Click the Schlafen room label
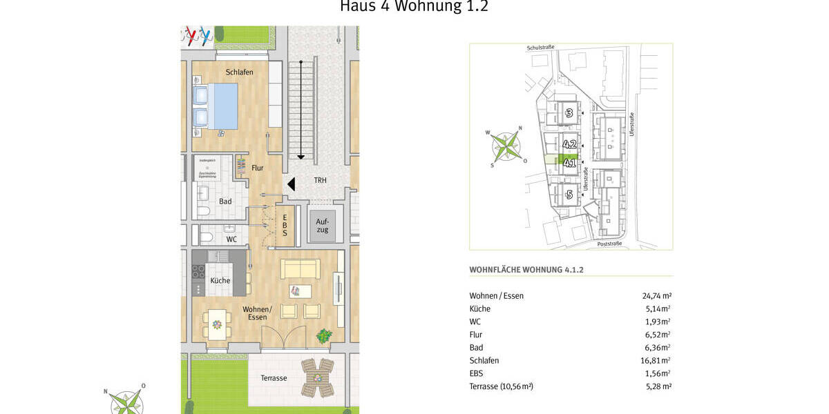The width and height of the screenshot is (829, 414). [x=239, y=72]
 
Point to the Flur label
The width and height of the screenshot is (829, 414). [x=257, y=168]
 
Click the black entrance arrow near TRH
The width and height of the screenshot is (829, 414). [x=292, y=184]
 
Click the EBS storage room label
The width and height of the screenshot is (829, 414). [x=285, y=224]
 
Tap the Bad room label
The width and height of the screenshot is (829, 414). [x=225, y=201]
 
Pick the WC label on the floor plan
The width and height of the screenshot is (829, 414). [x=231, y=239]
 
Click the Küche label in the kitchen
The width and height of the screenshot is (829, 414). [x=220, y=281]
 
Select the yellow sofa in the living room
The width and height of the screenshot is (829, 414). [x=300, y=269]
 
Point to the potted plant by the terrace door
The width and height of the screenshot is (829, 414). [x=323, y=336]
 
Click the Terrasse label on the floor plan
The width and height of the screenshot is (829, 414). [x=274, y=378]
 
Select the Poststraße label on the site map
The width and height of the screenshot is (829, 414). [x=608, y=244]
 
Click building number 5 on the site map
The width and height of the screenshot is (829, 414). [x=569, y=195]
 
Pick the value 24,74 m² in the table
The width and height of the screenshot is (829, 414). [x=657, y=296]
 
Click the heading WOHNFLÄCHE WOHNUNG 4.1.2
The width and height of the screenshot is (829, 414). [x=526, y=270]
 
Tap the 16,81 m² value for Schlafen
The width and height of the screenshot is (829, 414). [x=657, y=360]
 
